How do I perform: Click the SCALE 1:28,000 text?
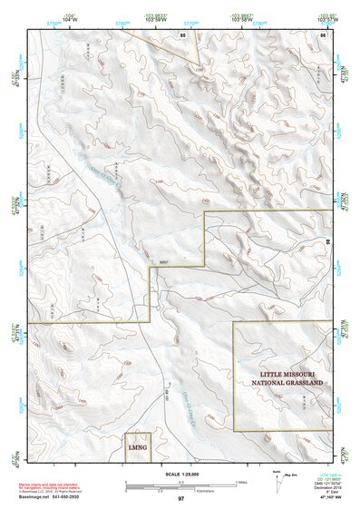[180, 475]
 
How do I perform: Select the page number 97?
[180, 499]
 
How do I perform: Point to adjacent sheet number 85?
[182, 34]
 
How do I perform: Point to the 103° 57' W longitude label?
[326, 17]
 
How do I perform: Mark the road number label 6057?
[164, 264]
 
